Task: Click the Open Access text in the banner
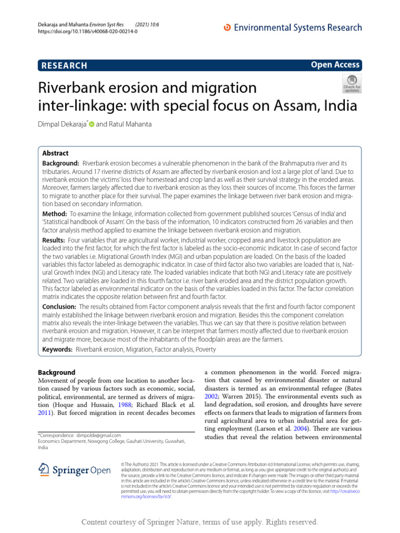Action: click(x=335, y=65)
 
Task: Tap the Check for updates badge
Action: click(x=351, y=83)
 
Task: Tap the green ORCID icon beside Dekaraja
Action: click(x=92, y=124)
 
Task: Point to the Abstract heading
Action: click(x=55, y=154)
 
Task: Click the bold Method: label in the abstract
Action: click(x=55, y=214)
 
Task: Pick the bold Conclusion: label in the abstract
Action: click(x=59, y=307)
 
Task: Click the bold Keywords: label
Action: click(x=57, y=349)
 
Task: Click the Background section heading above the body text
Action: click(x=57, y=372)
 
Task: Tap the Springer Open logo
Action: click(x=74, y=470)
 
